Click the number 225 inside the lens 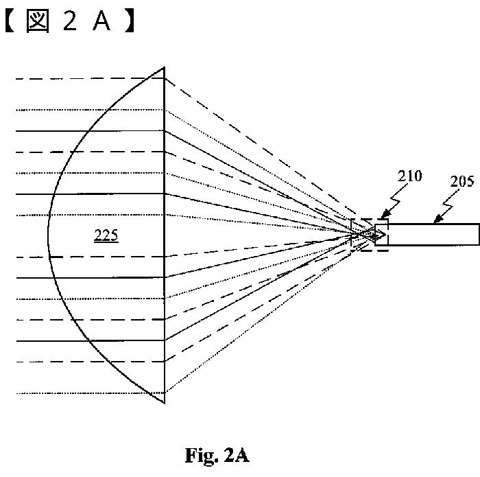106,236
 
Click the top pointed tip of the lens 164,67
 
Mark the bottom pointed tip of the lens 164,403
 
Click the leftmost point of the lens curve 48,236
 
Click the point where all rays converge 374,235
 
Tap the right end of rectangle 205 478,234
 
